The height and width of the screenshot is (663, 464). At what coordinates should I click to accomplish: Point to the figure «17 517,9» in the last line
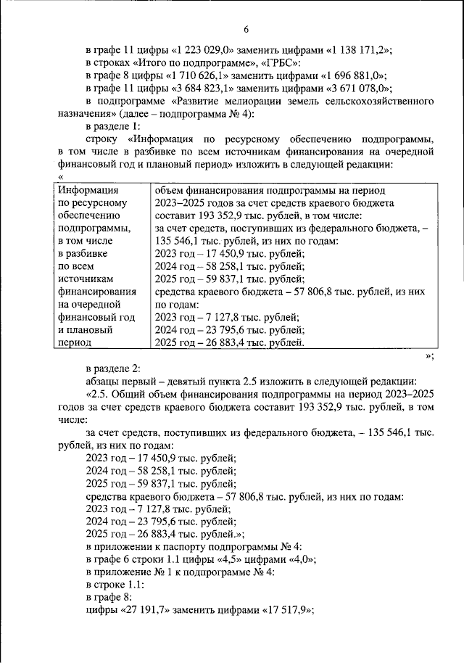285,611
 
